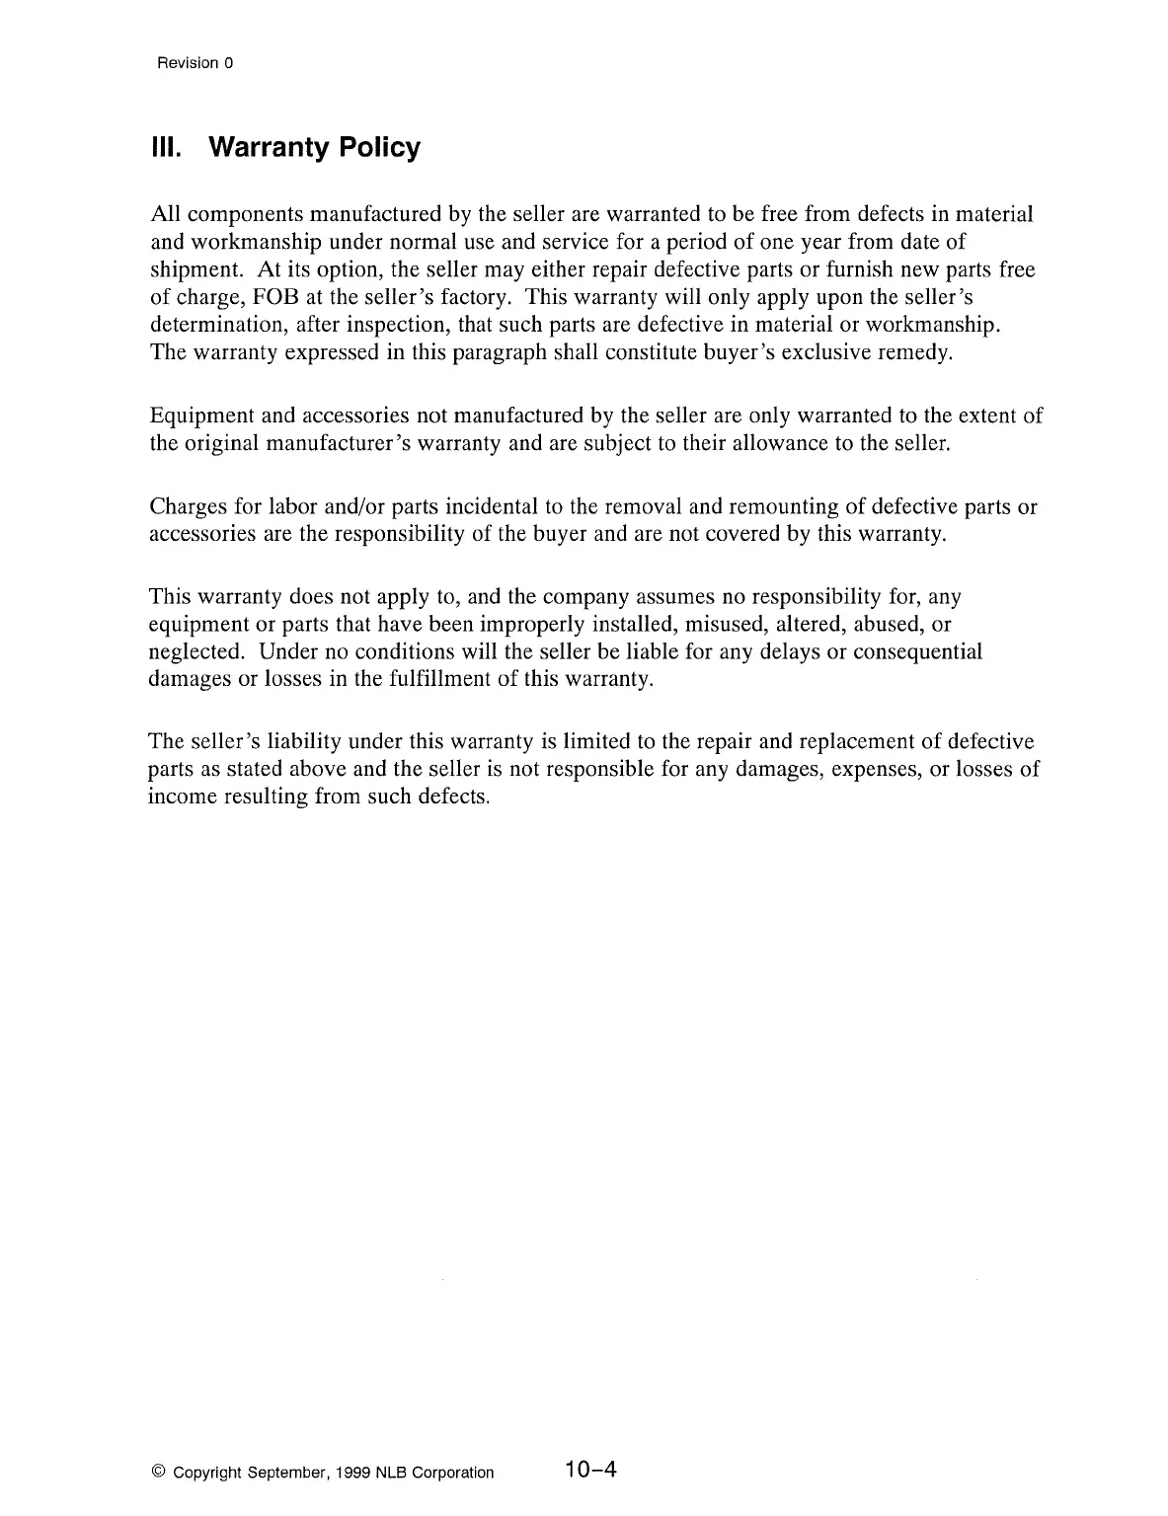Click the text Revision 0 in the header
pyautogui.click(x=195, y=63)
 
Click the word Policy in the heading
pyautogui.click(x=379, y=148)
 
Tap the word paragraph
pyautogui.click(x=492, y=353)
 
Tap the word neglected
pyautogui.click(x=195, y=652)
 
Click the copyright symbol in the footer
pyautogui.click(x=158, y=1473)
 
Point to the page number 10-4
pyautogui.click(x=590, y=1470)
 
